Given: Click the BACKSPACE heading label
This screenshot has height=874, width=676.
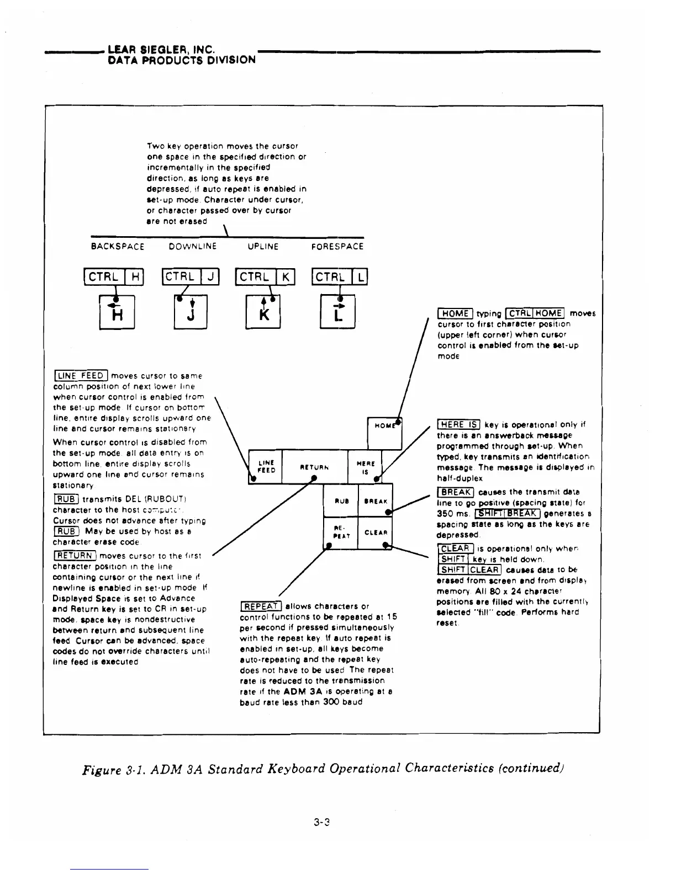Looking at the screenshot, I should pos(117,247).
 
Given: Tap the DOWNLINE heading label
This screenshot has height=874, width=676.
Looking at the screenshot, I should pos(193,247).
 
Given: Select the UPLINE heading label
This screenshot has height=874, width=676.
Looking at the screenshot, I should pos(263,247).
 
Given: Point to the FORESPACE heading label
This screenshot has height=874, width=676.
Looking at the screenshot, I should pos(337,247).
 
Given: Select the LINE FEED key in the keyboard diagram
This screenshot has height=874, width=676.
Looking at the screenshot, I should pos(266,467).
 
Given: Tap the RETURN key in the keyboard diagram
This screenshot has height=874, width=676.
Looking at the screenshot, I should pos(315,467).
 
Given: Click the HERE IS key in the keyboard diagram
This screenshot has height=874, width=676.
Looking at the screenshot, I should pos(365,467).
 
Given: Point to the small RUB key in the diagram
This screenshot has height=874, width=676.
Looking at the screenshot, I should pos(341,500).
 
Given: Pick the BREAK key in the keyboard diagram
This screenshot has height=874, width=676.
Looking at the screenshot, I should pos(376,500).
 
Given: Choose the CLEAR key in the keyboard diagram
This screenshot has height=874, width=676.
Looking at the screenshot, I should pos(376,532).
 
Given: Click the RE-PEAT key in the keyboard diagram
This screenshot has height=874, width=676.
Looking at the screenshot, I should pos(341,532).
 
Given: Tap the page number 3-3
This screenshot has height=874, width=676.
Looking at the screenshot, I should pos(321,823).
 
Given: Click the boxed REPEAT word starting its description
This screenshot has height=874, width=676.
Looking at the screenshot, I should pos(261,606).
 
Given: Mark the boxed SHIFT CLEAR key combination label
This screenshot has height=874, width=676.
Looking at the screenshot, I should pos(469,570).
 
